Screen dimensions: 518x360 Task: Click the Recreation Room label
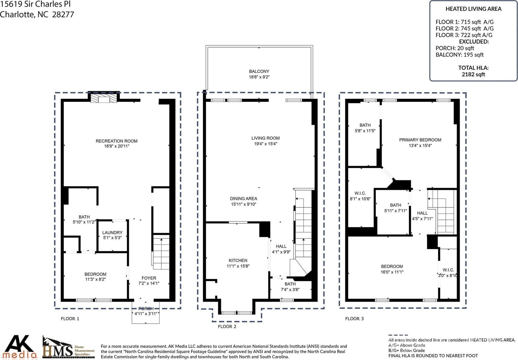[117, 141]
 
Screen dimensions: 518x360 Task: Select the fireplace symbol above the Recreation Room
[104, 98]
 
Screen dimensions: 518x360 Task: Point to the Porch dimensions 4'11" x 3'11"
[146, 314]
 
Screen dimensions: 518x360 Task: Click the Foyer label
[149, 278]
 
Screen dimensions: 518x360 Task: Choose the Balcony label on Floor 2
[259, 71]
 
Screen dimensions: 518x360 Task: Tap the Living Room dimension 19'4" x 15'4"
[266, 144]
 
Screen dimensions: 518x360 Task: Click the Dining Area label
[243, 199]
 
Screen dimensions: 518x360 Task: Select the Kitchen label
[238, 261]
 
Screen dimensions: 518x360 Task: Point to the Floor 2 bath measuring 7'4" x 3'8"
[290, 288]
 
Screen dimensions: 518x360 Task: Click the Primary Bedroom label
[420, 140]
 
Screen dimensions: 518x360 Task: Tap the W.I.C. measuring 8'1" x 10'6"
[360, 197]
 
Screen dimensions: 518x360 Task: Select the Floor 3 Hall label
[422, 213]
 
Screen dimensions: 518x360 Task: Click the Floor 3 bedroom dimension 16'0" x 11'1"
[392, 272]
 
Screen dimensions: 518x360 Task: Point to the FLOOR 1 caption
[70, 319]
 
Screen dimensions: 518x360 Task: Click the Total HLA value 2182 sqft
[473, 74]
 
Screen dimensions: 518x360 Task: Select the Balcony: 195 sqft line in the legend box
[460, 55]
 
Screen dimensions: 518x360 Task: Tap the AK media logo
[19, 347]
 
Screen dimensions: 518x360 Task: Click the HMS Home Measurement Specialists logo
[68, 347]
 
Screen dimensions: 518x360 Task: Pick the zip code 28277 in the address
[63, 14]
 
